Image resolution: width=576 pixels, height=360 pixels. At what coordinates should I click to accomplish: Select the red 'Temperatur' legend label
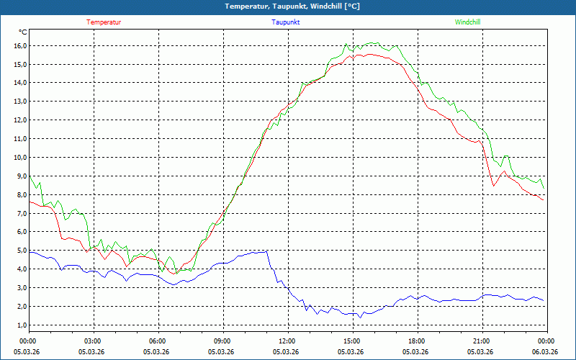tap(104, 22)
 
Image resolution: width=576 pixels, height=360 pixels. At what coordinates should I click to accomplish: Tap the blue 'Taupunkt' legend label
tap(286, 22)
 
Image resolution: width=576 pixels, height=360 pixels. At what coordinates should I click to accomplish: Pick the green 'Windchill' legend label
tap(467, 22)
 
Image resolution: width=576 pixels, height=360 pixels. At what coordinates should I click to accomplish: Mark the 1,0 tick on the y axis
tap(19, 325)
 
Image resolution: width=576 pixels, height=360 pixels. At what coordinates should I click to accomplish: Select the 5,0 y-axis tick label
tap(19, 250)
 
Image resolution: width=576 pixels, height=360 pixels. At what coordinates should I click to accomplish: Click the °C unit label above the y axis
tap(23, 32)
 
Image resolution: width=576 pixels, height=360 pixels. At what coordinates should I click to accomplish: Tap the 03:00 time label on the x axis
tap(93, 341)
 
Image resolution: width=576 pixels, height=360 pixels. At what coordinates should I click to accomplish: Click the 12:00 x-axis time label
tap(287, 341)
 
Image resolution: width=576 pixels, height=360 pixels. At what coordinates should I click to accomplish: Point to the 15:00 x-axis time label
tap(352, 341)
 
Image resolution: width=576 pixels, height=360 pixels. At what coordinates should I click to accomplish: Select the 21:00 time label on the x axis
tap(482, 341)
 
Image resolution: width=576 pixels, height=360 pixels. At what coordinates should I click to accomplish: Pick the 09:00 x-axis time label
tap(222, 341)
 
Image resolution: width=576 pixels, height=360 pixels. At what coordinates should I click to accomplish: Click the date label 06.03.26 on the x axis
tap(546, 351)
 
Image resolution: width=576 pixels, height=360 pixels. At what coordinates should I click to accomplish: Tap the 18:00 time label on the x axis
tap(417, 341)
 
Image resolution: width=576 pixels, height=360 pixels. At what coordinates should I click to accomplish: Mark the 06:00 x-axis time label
tap(158, 341)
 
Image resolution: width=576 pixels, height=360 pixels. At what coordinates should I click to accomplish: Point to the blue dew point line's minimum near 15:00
tap(360, 317)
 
